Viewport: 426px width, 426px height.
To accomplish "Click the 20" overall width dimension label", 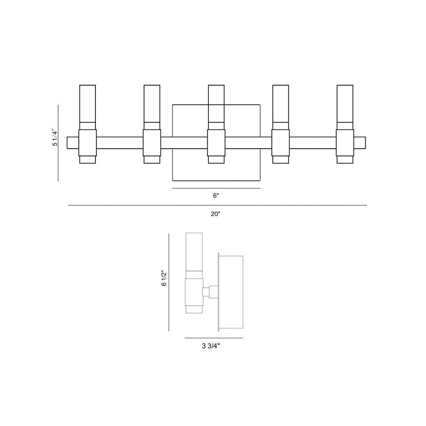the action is coord(215,214).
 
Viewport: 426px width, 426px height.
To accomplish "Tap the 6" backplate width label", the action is coord(216,196).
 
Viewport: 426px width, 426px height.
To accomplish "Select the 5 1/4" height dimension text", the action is coord(55,138).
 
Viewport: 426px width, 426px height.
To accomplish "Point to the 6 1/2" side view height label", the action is coord(164,278).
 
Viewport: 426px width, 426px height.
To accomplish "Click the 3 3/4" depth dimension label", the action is coord(211,346).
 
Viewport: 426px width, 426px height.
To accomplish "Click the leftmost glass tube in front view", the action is coord(87,107).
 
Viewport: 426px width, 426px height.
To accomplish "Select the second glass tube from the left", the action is coord(152,107).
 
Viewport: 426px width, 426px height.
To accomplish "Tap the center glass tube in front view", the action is coord(216,107).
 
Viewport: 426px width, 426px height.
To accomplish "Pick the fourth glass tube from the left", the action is coord(281,107).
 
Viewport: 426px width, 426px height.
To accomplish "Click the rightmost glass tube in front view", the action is coord(345,107).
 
